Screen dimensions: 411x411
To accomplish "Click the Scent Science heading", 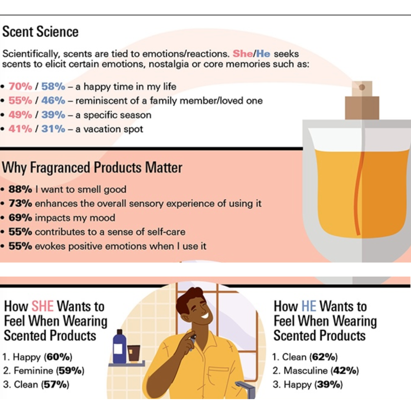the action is (x=40, y=32).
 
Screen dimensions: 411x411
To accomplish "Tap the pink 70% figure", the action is (x=21, y=86).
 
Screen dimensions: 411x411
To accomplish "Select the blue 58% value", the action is (x=53, y=86).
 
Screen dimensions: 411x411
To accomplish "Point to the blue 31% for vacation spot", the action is (x=53, y=129).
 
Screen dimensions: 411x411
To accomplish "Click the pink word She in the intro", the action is (x=243, y=53).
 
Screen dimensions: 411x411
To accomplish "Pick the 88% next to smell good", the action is (x=20, y=189).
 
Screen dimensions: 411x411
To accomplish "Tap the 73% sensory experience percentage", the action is (x=20, y=203).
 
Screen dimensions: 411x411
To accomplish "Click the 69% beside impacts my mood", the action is (x=20, y=217).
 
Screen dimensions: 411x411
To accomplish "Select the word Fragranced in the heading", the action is (x=60, y=168).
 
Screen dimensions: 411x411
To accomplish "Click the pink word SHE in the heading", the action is (x=43, y=306).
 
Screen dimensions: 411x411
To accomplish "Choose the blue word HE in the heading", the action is (x=309, y=306).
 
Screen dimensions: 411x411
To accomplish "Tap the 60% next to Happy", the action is (x=58, y=357).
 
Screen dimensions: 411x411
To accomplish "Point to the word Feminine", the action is (x=33, y=370).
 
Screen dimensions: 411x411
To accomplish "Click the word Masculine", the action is (x=306, y=370).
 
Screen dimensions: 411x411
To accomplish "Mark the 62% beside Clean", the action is (x=323, y=357).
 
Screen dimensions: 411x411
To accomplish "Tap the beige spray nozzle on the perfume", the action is (x=362, y=89).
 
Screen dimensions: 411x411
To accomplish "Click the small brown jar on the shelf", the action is (x=134, y=353).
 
